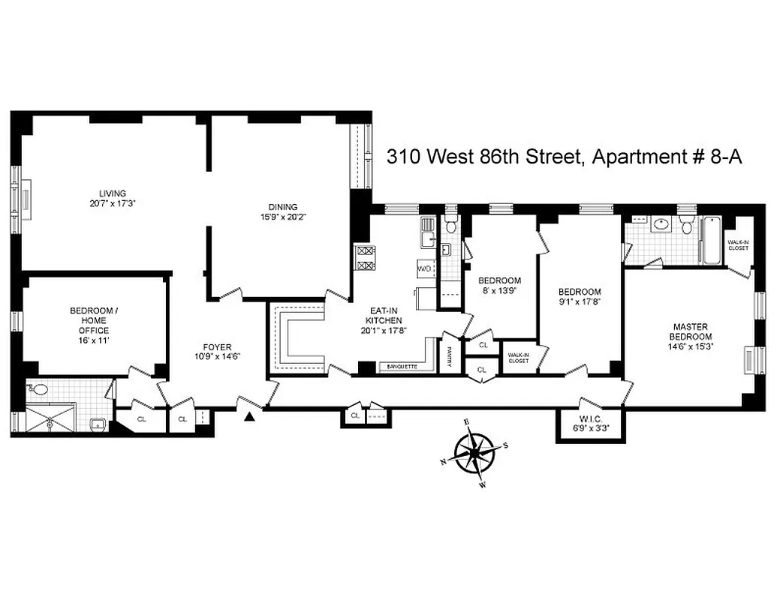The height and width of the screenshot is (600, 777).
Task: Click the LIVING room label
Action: (x=113, y=193)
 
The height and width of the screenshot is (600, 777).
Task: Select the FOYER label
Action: (x=218, y=346)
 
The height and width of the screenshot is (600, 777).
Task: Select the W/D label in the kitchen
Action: (x=423, y=268)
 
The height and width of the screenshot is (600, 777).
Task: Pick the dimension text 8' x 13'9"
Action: (x=499, y=290)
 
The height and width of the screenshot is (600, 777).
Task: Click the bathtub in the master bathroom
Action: (x=711, y=240)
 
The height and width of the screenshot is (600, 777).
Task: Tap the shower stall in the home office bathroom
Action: (x=51, y=418)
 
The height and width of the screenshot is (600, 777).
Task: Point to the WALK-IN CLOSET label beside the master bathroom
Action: (x=738, y=244)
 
